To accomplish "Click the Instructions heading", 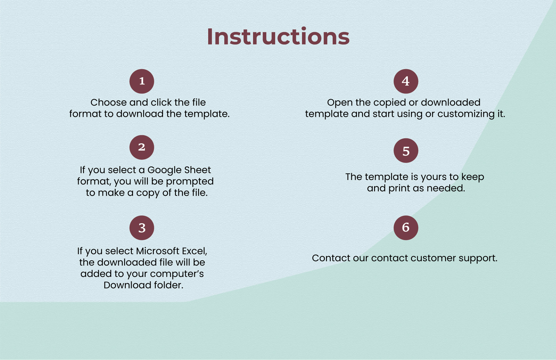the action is pos(278,37).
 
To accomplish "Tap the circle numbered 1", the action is pos(142,81).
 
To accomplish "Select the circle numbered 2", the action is pos(142,147).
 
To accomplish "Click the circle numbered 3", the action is pos(142,228).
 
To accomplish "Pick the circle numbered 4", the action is pos(406,81).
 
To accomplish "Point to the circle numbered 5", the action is pos(406,151).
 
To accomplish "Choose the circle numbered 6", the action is pos(406,228).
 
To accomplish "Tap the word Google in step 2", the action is pos(164,170).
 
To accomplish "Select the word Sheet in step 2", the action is pos(197,170).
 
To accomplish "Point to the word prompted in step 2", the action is pos(190,182).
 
